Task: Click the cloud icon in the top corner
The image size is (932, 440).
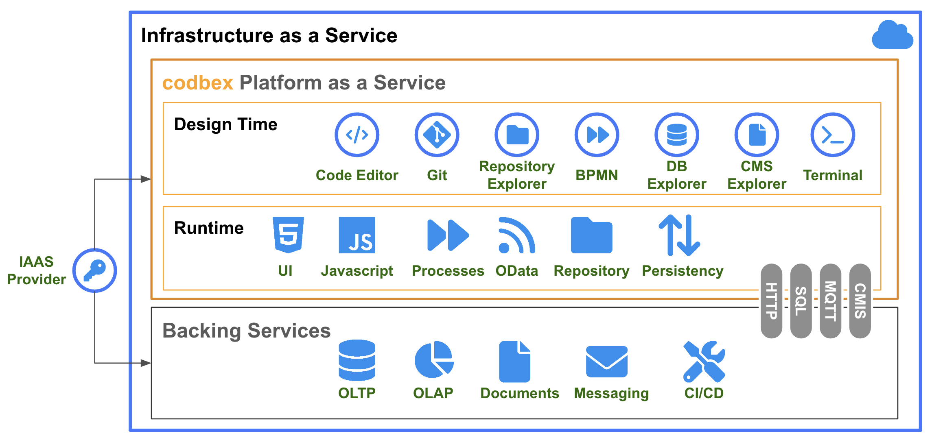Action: click(x=892, y=36)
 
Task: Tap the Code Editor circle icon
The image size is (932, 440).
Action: click(x=357, y=135)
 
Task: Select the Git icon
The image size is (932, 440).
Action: click(x=437, y=135)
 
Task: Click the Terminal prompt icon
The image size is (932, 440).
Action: click(x=832, y=135)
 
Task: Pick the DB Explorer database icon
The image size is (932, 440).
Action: click(x=676, y=135)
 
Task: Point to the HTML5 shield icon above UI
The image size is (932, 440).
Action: click(x=288, y=235)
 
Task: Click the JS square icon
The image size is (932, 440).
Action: click(x=357, y=235)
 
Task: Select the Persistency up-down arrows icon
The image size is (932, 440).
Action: click(x=679, y=235)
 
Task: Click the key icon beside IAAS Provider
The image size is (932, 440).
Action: click(x=95, y=270)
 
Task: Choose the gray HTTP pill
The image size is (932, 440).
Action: click(x=771, y=301)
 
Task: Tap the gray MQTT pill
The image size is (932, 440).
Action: click(x=830, y=301)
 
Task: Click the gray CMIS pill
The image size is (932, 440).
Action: click(x=860, y=301)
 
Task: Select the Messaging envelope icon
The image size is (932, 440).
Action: click(x=606, y=362)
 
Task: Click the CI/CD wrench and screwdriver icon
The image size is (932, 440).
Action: click(x=704, y=362)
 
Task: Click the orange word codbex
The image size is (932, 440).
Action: click(x=198, y=83)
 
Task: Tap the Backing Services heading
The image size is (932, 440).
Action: click(x=246, y=331)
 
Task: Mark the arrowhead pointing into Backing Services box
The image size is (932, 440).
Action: click(x=146, y=363)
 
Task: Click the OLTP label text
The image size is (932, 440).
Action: click(x=357, y=393)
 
